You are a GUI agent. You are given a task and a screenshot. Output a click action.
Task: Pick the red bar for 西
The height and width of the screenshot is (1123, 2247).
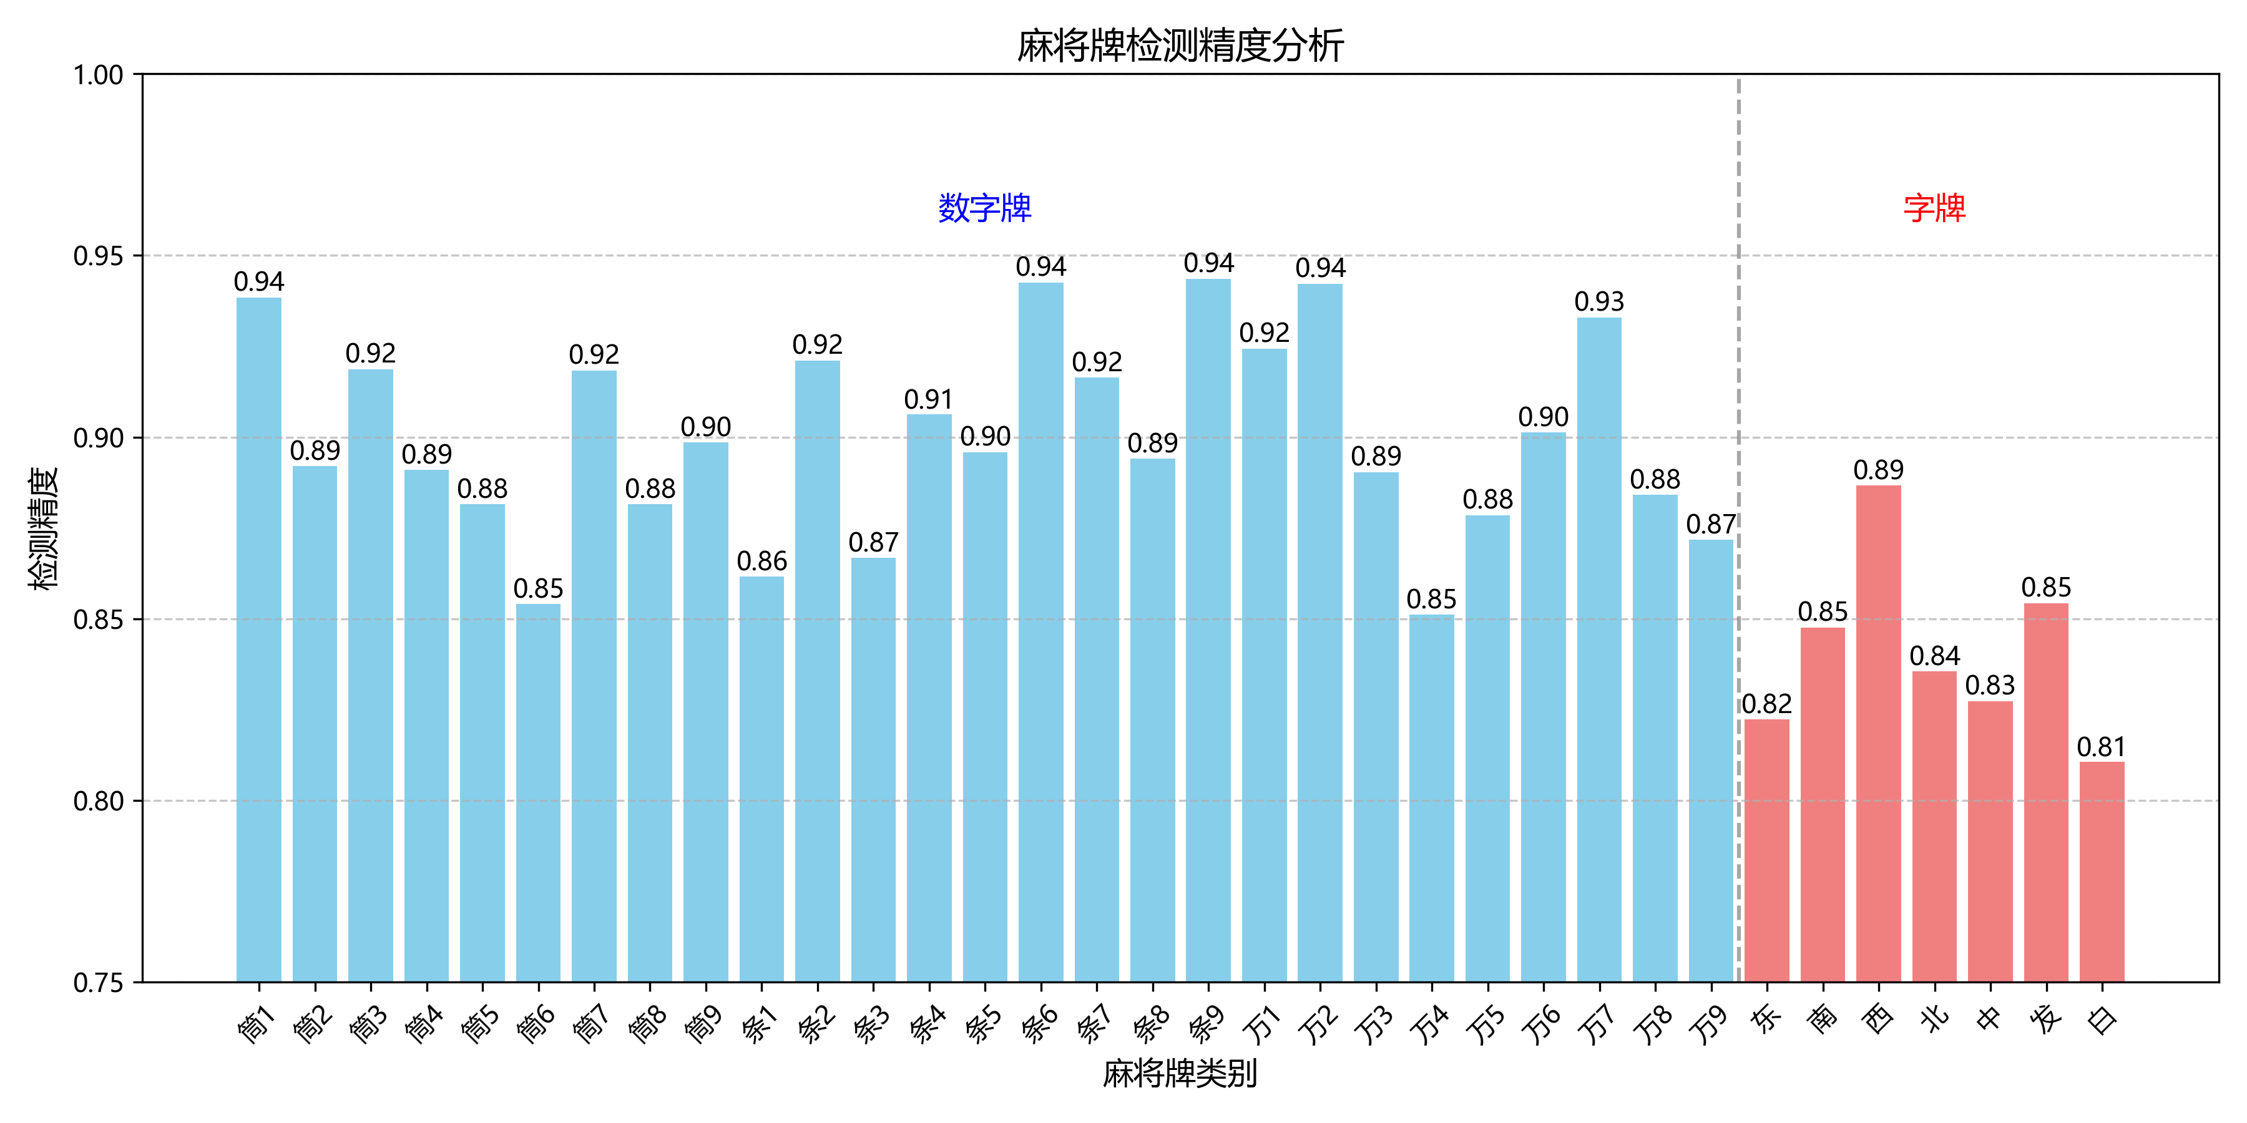(1878, 733)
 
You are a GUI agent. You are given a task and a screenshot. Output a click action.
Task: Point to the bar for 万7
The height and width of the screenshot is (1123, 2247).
(1599, 649)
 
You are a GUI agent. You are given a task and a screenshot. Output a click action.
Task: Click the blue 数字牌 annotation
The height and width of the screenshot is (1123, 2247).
(985, 208)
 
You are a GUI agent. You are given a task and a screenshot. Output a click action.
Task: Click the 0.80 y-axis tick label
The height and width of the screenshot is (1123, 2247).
(98, 800)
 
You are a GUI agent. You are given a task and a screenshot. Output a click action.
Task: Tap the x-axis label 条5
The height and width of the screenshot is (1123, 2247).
(983, 1023)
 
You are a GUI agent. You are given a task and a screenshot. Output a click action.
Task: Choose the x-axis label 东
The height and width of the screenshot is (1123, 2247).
(1766, 1018)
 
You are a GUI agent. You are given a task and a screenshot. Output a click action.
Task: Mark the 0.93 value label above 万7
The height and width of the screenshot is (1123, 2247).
(1599, 302)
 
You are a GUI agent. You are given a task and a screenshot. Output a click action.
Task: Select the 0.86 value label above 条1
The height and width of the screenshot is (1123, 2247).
(761, 561)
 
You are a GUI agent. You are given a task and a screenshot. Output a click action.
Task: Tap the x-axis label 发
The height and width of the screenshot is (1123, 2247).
(2045, 1018)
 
